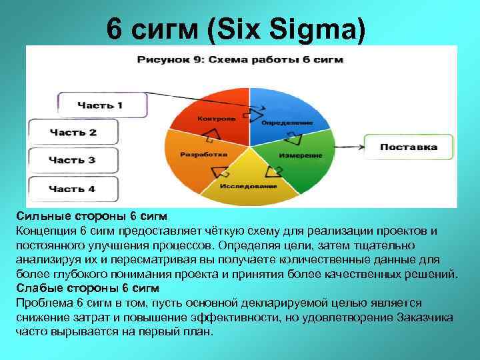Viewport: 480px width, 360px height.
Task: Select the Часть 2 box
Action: pyautogui.click(x=73, y=132)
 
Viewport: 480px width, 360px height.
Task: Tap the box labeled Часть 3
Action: pyautogui.click(x=73, y=161)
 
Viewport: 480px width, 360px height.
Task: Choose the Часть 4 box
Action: pyautogui.click(x=73, y=189)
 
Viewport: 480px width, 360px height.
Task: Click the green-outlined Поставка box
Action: pyautogui.click(x=408, y=147)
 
